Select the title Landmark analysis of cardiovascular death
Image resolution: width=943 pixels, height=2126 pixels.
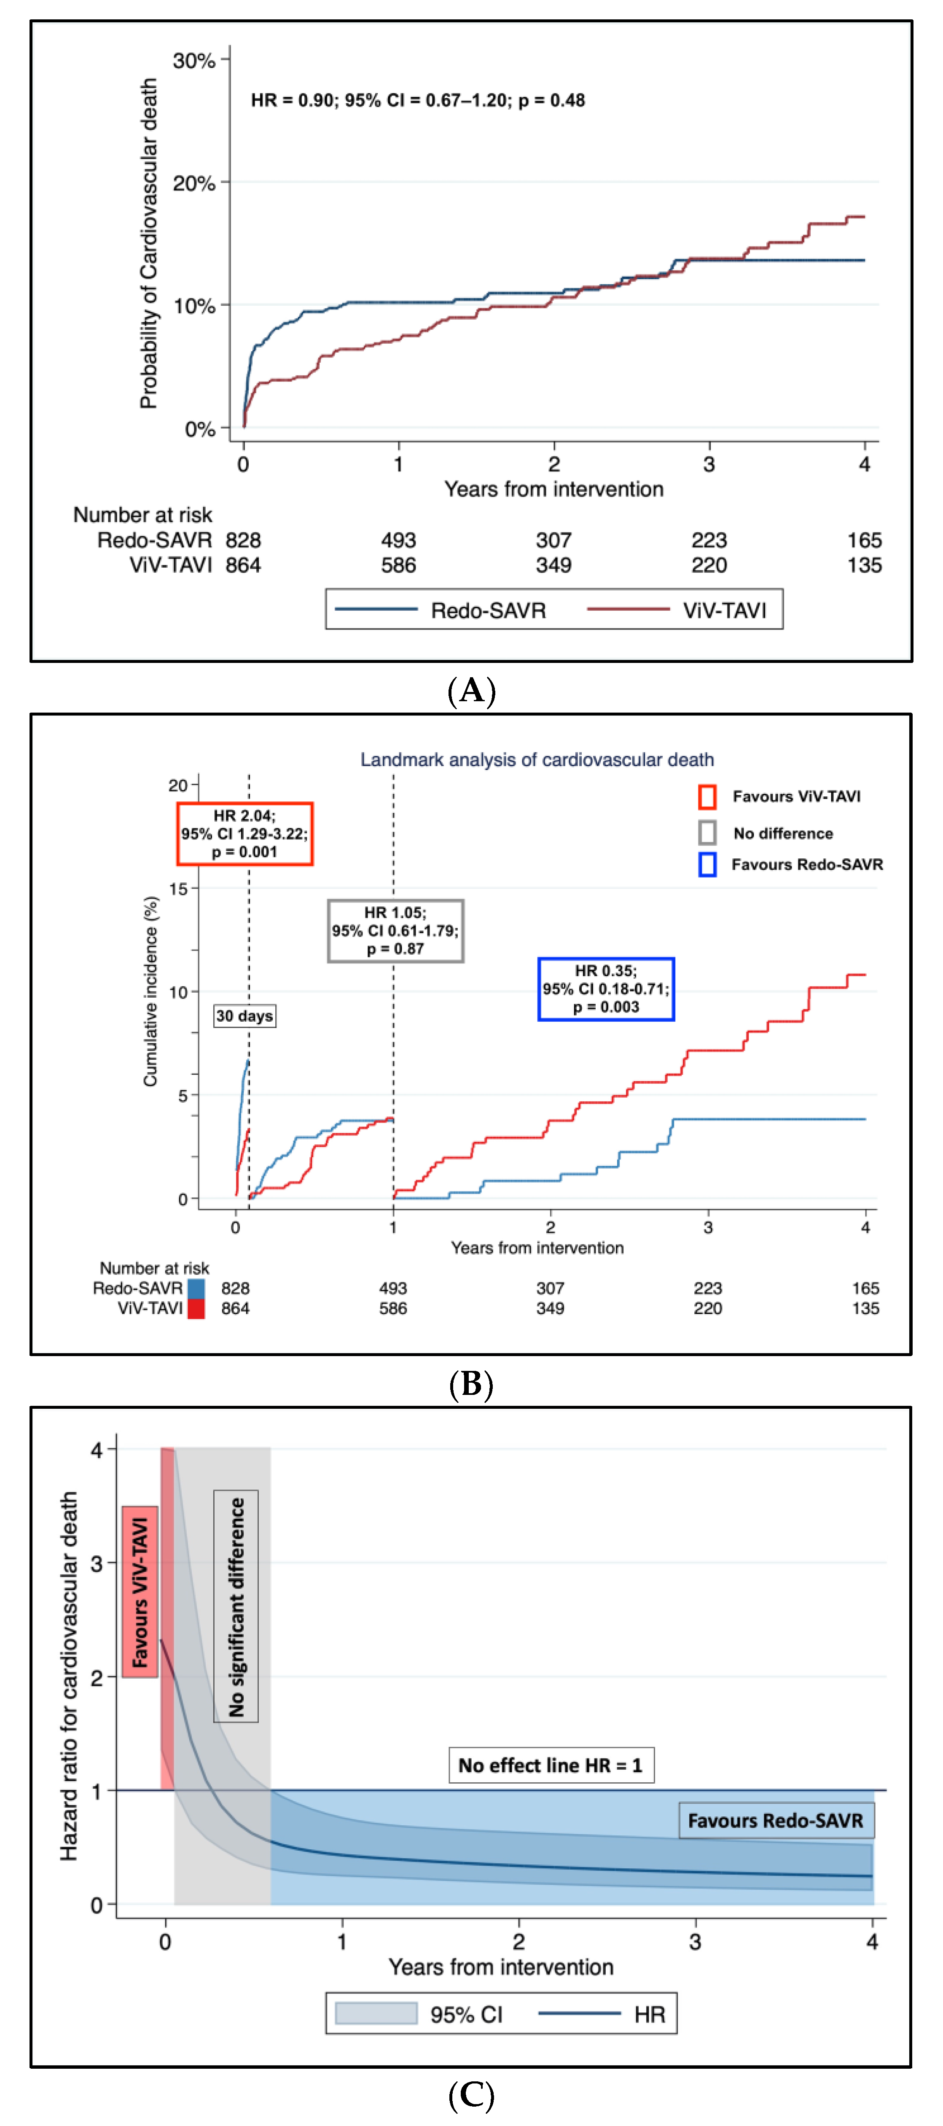[x=537, y=759]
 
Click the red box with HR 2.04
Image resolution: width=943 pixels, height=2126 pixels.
[x=244, y=833]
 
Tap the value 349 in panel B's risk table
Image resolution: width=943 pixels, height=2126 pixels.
[x=550, y=1308]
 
